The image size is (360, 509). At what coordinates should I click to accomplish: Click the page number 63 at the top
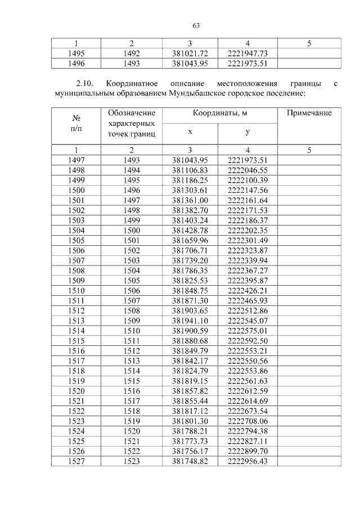(196, 25)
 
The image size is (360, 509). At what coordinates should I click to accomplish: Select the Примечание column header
(309, 113)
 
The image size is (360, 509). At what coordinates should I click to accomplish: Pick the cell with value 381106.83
(190, 170)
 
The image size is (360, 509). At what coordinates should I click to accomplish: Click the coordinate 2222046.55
(247, 170)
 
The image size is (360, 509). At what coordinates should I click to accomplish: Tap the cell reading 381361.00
(190, 200)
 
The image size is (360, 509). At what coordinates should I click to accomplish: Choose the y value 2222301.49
(247, 240)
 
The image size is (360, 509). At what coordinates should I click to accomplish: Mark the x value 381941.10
(190, 321)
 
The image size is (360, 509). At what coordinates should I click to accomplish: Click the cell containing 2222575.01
(247, 331)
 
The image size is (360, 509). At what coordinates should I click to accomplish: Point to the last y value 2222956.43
(247, 461)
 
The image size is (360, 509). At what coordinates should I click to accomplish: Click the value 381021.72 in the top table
(190, 53)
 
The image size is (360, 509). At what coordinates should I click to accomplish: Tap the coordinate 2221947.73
(247, 53)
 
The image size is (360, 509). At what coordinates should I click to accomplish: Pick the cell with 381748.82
(190, 461)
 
